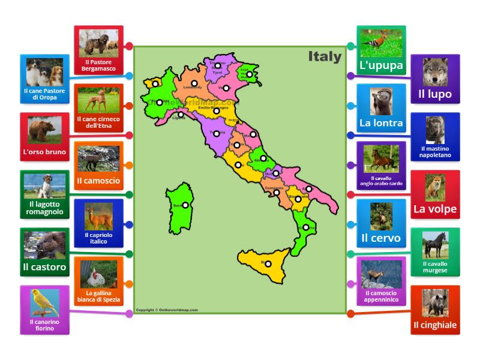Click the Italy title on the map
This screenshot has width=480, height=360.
coord(325,57)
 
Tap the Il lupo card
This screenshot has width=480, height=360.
coord(435,79)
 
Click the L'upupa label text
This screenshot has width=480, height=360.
coord(381,66)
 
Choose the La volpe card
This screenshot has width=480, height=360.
coord(435,194)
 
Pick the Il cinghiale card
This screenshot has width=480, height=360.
coord(435,310)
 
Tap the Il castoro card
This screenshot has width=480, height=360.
coord(44,252)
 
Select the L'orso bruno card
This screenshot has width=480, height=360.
coord(44,137)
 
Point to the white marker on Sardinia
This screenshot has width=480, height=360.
coord(185,205)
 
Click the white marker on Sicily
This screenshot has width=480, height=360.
coord(268,264)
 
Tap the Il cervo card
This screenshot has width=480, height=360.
coord(381,223)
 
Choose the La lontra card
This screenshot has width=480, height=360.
coord(381,108)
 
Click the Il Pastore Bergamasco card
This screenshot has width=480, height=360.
coord(99,50)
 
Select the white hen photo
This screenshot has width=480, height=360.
coord(99,275)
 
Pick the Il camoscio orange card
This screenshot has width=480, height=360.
coord(99,166)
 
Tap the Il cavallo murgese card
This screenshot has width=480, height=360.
coord(435,252)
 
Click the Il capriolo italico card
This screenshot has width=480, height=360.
coord(99,223)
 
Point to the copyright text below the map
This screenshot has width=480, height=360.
coord(167,310)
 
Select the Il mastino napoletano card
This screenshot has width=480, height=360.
coord(435,136)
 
